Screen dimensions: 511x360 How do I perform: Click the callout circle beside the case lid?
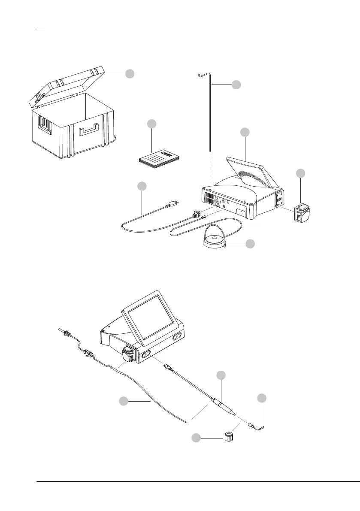tap(130, 74)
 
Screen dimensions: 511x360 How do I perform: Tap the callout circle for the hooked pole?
tap(236, 85)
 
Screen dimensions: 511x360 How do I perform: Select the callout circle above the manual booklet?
tap(151, 124)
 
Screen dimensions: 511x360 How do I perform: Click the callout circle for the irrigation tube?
tap(123, 401)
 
